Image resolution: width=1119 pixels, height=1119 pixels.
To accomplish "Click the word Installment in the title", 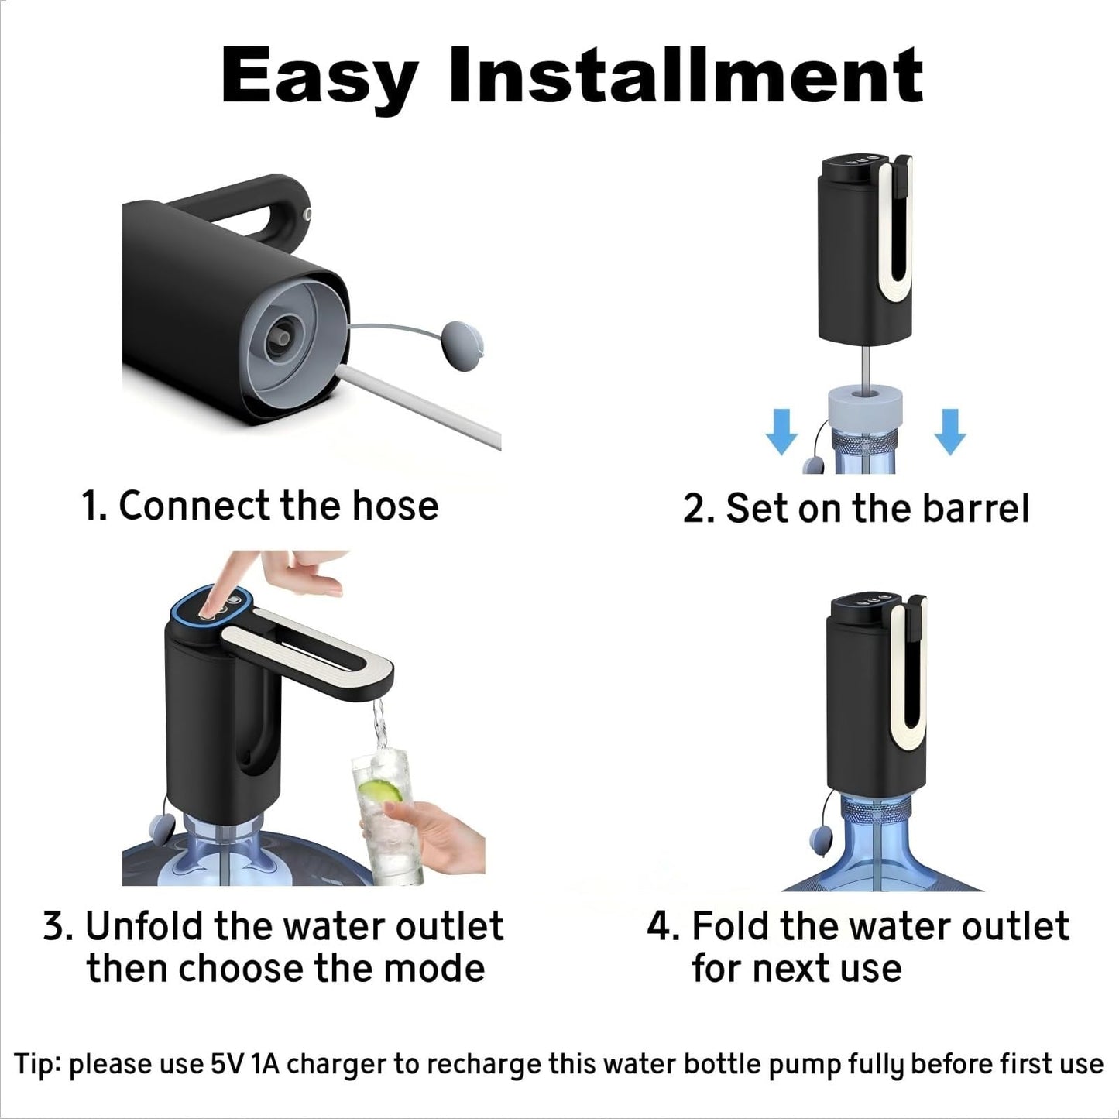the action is (686, 74).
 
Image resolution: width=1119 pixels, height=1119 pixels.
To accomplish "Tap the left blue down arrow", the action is (781, 431).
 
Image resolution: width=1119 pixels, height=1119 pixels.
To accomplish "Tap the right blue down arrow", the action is (950, 431).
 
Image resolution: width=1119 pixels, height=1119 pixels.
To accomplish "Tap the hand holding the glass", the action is (422, 833).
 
